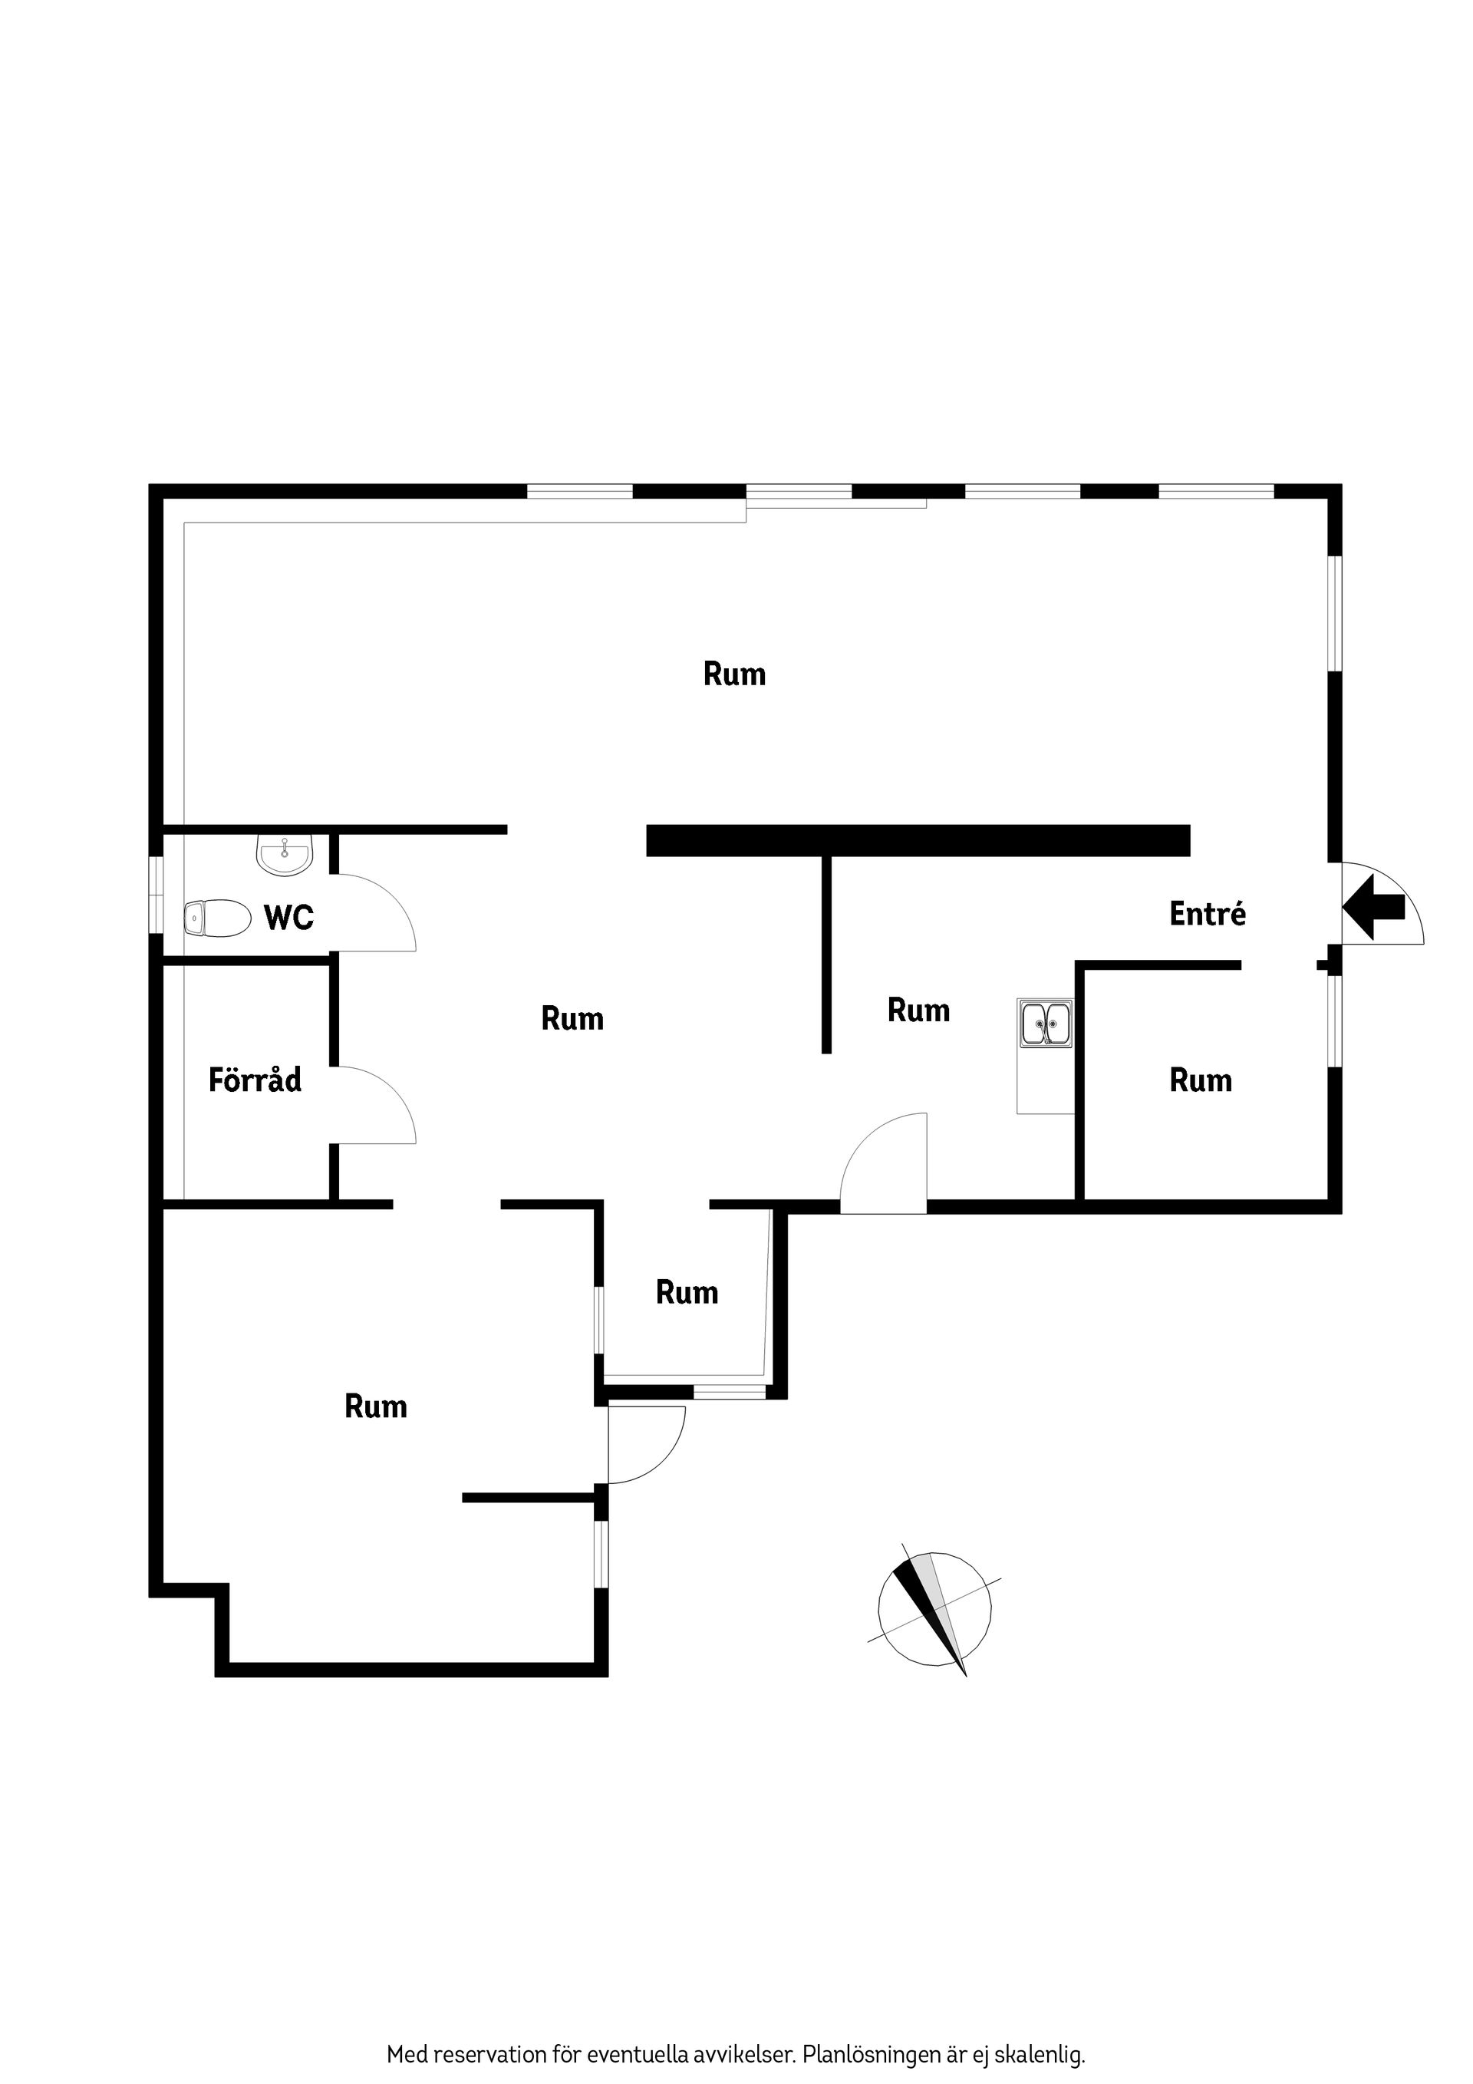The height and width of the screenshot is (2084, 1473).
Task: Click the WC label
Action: (288, 918)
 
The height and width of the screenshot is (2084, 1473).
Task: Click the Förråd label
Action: (255, 1080)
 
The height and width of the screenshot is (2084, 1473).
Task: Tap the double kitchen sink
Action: (1046, 1022)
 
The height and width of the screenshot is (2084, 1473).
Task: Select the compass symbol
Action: (934, 1609)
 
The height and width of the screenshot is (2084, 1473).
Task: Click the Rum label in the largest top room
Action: (734, 674)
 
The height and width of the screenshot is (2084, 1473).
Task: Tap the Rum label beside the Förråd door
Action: (572, 1018)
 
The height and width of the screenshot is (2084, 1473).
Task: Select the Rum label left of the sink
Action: (918, 1011)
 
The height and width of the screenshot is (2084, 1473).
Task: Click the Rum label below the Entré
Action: (1201, 1080)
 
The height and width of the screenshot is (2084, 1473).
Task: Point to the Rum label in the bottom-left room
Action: (376, 1407)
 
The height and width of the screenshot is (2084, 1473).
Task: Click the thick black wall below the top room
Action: (917, 840)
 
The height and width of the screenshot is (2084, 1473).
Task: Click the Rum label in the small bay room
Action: (687, 1292)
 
